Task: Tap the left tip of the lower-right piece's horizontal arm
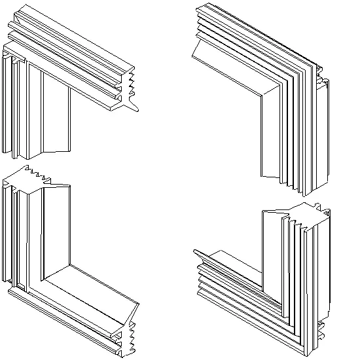tap(194, 251)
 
